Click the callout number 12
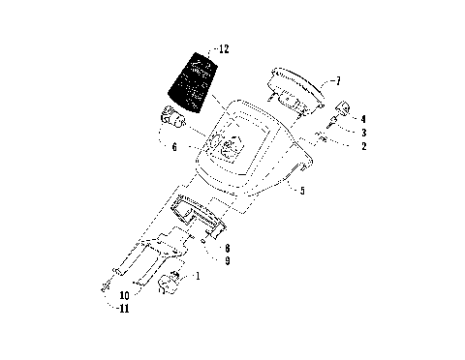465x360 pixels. (x=225, y=47)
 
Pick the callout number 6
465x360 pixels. (x=173, y=147)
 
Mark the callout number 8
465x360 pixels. (x=225, y=249)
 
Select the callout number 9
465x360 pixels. (x=225, y=262)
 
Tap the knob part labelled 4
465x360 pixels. (x=344, y=106)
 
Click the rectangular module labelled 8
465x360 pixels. (x=199, y=214)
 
